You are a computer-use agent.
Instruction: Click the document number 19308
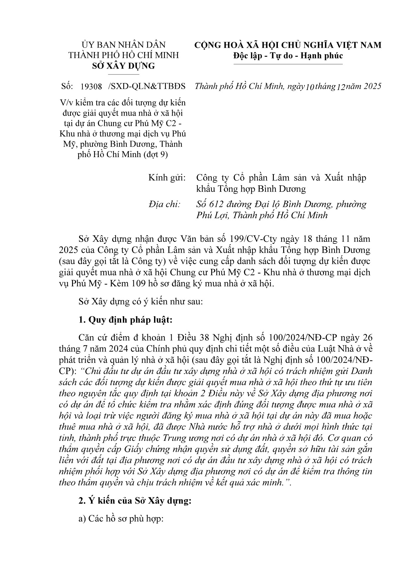91,87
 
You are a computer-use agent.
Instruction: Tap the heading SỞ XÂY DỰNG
123,66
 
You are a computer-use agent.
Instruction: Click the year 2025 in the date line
372,86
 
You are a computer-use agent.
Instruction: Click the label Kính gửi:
167,178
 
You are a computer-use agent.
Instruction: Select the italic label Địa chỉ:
164,204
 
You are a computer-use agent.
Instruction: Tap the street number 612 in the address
215,204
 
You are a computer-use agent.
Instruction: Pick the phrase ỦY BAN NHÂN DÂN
123,45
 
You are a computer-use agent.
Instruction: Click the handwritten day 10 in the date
309,87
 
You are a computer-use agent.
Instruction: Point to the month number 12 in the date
341,87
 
